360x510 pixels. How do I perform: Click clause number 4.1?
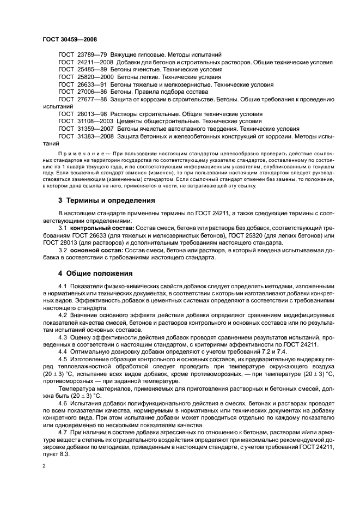click(62, 286)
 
